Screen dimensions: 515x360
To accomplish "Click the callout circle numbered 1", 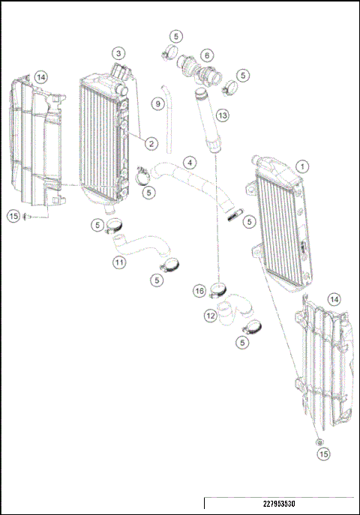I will pyautogui.click(x=301, y=166).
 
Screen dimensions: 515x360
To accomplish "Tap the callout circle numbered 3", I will pyautogui.click(x=119, y=53).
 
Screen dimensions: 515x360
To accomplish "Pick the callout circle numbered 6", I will pyautogui.click(x=206, y=55).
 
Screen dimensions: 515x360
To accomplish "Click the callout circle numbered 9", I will pyautogui.click(x=157, y=103).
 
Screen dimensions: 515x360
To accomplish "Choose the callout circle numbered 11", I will pyautogui.click(x=119, y=262).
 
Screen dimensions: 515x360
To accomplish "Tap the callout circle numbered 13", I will pyautogui.click(x=221, y=115).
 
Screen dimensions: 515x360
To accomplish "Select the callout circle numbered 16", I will pyautogui.click(x=199, y=290).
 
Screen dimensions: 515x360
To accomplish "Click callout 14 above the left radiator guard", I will pyautogui.click(x=40, y=76).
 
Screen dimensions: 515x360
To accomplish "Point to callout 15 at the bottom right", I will pyautogui.click(x=322, y=454).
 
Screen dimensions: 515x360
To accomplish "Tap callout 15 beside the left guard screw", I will pyautogui.click(x=13, y=216).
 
